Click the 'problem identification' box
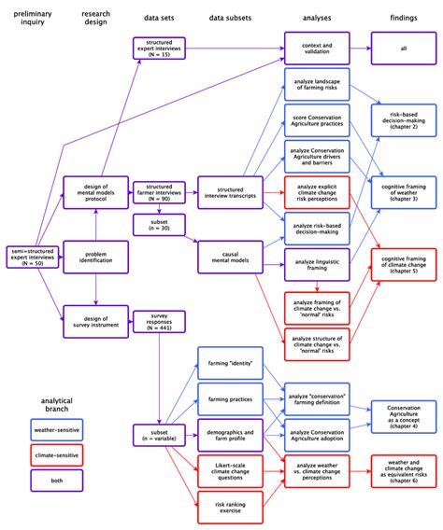tap(95, 258)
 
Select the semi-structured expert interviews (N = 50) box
tap(32, 258)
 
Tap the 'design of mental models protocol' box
tap(95, 193)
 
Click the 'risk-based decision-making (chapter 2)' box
tap(403, 119)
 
